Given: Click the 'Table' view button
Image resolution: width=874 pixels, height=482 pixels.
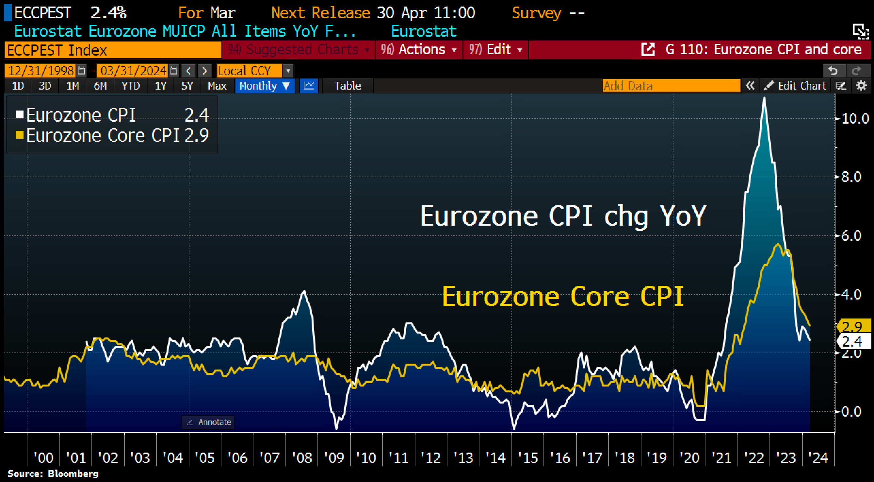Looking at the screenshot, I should pos(348,86).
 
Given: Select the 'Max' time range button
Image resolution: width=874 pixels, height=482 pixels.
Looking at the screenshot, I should pos(217,86).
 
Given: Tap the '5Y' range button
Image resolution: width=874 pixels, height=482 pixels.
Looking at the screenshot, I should pos(187,86).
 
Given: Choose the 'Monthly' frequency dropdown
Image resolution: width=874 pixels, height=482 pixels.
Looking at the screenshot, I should pos(264,86).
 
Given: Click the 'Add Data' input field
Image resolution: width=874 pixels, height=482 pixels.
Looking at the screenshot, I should pos(671,86).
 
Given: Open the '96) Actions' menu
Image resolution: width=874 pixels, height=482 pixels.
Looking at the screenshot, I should pos(419,50).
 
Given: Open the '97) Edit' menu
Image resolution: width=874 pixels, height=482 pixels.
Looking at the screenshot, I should pos(495,50).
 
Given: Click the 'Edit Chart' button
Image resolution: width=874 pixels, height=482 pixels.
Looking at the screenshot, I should pos(796,86).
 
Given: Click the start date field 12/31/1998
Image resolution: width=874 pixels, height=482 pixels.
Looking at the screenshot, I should pos(41,71).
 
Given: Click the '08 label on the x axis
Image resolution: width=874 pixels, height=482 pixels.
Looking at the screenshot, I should pos(302,458).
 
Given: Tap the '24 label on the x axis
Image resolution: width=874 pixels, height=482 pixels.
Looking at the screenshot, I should pos(818,458).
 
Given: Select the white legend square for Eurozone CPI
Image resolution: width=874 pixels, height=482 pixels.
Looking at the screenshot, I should pos(19,114).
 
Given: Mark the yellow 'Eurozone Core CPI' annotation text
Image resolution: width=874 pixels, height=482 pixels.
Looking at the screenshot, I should pos(562,297).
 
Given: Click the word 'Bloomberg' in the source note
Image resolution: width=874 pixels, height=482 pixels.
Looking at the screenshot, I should pos(73,473).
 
